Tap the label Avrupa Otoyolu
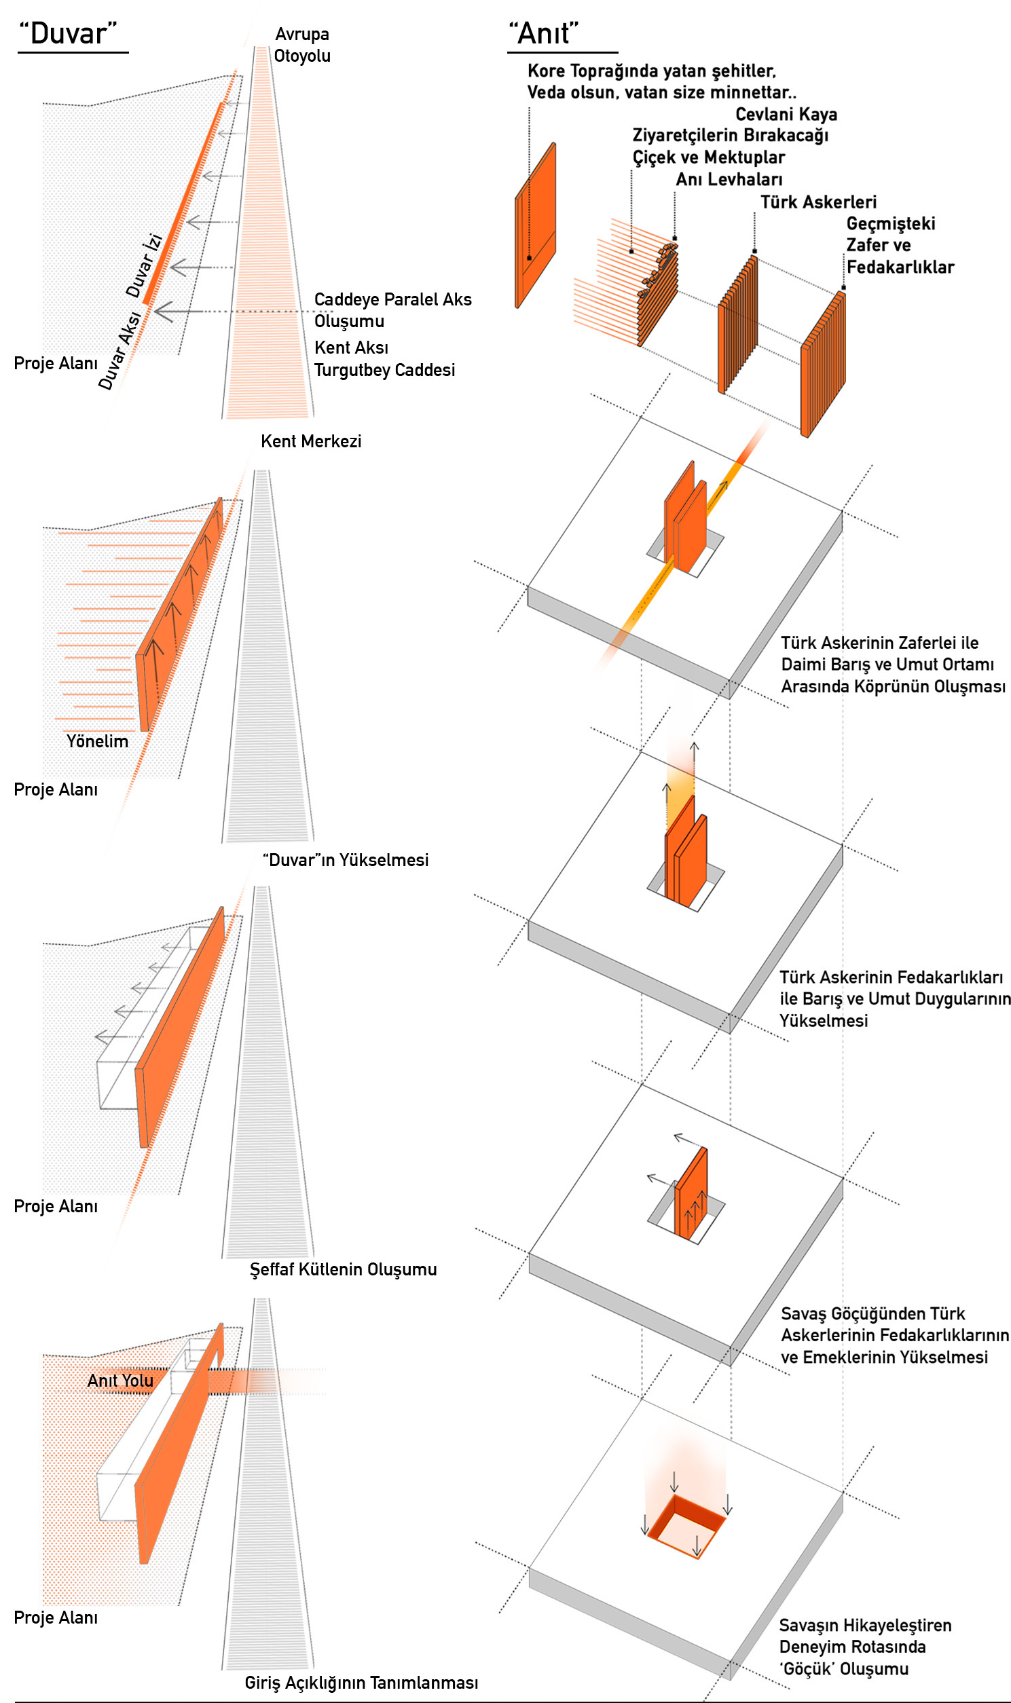[x=301, y=45]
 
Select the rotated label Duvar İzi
[x=144, y=265]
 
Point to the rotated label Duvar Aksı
[x=120, y=351]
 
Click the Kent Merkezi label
[x=311, y=441]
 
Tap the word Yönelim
[x=96, y=741]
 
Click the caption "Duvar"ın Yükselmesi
[x=346, y=860]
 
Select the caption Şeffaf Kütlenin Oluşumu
[x=343, y=1269]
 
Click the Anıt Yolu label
[x=120, y=1380]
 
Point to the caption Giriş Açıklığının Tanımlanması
[x=361, y=1677]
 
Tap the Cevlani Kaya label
[x=786, y=115]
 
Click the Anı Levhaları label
[x=729, y=180]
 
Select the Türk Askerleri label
[x=818, y=202]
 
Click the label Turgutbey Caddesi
[x=384, y=371]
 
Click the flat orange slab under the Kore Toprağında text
[x=536, y=225]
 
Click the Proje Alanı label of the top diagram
[x=56, y=364]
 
